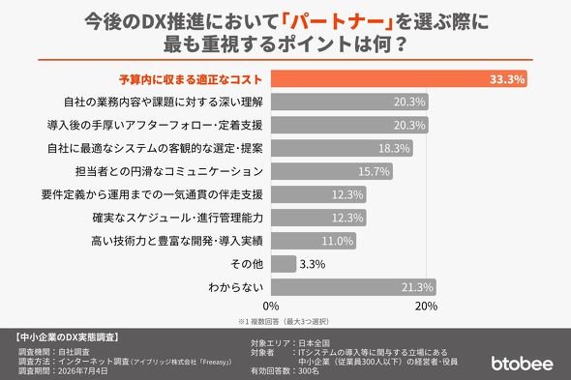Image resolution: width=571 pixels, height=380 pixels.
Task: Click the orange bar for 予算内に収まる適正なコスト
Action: [399, 79]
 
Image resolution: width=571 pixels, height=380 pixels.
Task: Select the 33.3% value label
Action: [506, 79]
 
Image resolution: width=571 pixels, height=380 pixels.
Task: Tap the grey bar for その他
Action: [284, 264]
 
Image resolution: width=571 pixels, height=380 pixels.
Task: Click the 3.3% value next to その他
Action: [312, 264]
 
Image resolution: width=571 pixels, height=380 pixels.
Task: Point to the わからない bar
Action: [353, 287]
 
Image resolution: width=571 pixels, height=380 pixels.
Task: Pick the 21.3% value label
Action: [417, 287]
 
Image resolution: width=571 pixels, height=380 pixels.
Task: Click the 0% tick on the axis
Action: [271, 307]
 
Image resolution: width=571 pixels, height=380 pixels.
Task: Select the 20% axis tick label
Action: [426, 307]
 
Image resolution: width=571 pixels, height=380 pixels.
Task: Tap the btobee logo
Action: [522, 364]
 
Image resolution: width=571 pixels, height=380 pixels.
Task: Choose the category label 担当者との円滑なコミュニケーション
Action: [169, 171]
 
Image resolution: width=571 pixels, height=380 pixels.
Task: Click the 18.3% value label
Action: [394, 149]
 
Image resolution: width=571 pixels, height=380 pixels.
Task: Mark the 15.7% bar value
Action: [374, 171]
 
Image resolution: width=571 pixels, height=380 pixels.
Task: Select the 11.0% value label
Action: [337, 241]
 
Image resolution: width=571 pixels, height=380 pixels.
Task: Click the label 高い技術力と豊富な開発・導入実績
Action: [176, 241]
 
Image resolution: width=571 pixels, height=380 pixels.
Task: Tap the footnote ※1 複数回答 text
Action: [284, 321]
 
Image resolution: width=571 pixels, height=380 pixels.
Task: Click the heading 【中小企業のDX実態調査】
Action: [68, 337]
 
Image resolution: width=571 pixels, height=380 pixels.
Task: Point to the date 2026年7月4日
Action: [83, 371]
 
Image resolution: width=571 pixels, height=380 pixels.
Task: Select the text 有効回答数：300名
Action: [285, 371]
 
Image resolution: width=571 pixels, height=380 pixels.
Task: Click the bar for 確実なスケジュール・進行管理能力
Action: [318, 218]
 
